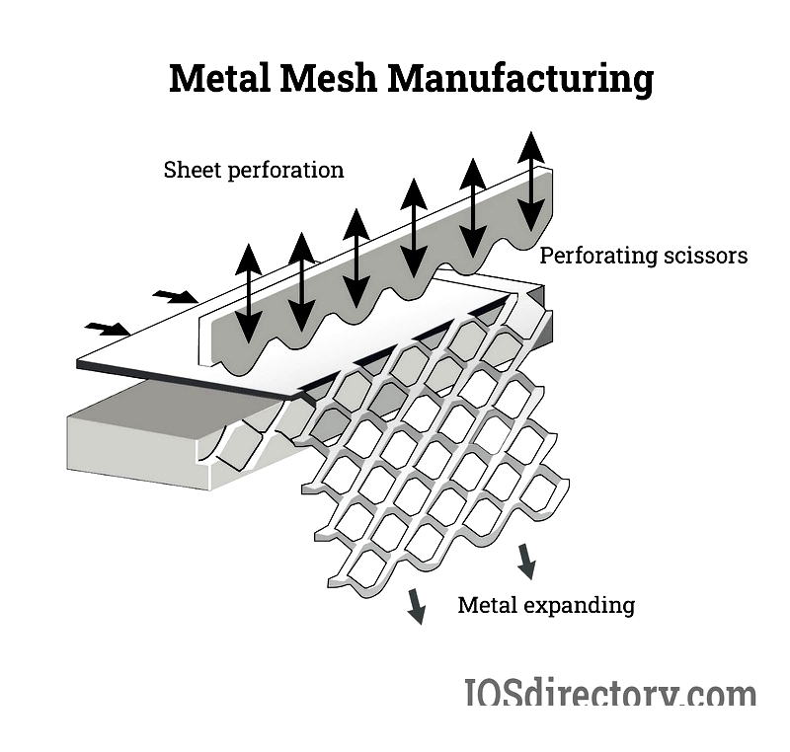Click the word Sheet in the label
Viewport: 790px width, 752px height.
[192, 170]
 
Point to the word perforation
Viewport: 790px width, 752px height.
[285, 170]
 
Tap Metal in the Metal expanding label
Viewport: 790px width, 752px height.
[487, 605]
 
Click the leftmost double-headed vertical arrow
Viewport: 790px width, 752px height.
[248, 291]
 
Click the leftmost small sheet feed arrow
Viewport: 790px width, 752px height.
[108, 329]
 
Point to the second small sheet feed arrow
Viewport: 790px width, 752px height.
[175, 295]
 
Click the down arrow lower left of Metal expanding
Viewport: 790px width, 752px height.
[417, 606]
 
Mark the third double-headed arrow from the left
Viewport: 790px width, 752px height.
[356, 259]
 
